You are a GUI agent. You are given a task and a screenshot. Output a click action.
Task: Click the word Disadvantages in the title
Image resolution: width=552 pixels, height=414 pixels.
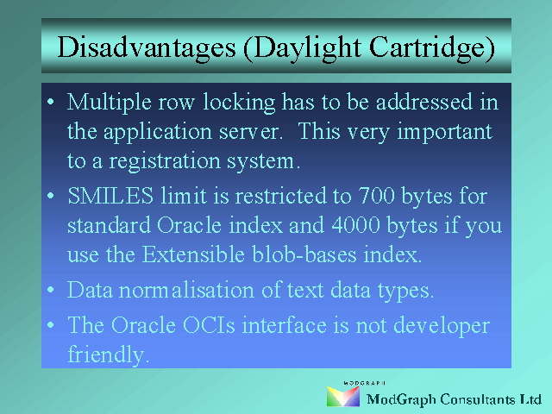[x=147, y=47]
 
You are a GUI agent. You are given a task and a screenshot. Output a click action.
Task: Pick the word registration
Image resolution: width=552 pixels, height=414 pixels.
[x=164, y=162]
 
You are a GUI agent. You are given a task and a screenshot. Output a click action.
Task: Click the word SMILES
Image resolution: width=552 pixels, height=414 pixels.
[x=110, y=196]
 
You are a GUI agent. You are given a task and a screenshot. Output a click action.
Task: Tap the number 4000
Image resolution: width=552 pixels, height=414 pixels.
[x=355, y=225]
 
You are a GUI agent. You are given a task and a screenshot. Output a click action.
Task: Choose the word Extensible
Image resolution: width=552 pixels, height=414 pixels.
[x=193, y=254]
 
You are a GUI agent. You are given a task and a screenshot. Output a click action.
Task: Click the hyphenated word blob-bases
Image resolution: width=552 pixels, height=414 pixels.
[x=304, y=254]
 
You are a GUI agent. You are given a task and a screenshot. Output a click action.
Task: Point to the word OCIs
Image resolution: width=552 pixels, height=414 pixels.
[x=209, y=325]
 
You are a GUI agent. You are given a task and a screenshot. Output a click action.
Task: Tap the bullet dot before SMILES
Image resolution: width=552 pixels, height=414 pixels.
[x=51, y=196]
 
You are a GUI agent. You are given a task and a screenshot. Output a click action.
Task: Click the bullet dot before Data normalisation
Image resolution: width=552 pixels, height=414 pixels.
[x=51, y=290]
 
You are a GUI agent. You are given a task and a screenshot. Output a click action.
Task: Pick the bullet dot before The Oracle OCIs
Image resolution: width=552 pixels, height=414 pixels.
[x=51, y=324]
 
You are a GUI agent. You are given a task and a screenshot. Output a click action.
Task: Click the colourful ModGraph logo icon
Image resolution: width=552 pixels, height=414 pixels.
[x=343, y=397]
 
